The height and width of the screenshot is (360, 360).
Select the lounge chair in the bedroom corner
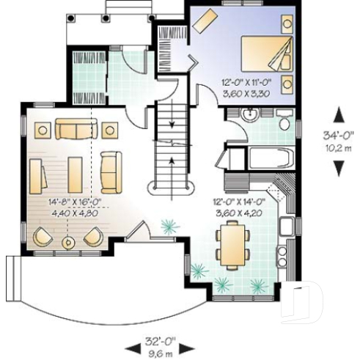tap(206, 18)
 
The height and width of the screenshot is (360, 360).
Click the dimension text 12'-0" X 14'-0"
tap(239, 200)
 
